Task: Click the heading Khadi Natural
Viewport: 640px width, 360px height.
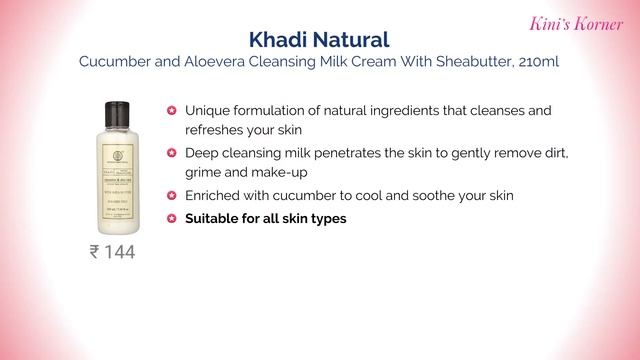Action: (319, 40)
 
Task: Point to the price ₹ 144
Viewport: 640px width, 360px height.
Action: (112, 252)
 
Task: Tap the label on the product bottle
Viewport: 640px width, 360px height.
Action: (112, 185)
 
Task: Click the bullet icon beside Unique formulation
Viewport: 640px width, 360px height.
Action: (172, 110)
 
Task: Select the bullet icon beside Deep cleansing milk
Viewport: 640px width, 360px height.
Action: (172, 153)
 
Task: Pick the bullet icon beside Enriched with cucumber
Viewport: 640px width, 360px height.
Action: (172, 196)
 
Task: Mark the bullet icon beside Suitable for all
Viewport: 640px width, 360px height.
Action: (172, 217)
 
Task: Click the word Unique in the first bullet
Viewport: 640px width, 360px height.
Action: (208, 110)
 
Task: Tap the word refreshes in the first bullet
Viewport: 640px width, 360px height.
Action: (218, 130)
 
